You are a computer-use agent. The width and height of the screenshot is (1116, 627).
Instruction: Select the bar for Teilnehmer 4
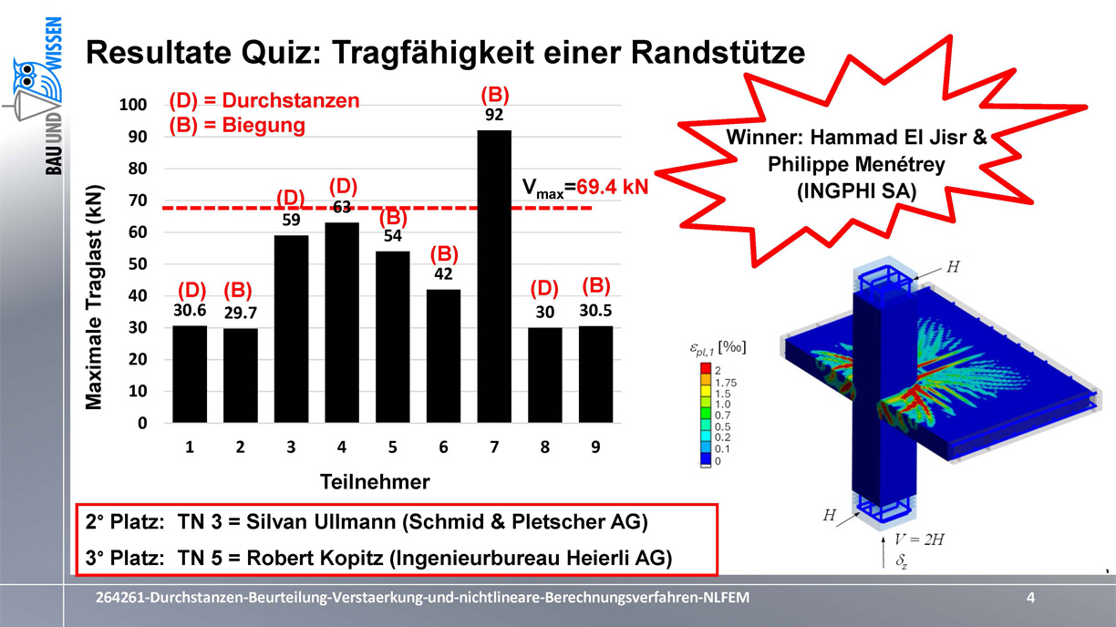(x=342, y=323)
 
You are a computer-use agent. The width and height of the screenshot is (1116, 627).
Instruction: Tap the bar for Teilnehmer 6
(x=443, y=355)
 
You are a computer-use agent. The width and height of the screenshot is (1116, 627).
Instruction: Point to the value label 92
(x=494, y=116)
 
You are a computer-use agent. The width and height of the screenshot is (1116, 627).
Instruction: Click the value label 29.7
(x=240, y=313)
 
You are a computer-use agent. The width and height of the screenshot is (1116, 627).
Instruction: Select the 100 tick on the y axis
(x=133, y=106)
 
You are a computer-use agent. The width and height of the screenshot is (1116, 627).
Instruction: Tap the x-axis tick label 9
(x=595, y=447)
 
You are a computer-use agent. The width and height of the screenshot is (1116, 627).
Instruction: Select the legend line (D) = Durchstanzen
(x=264, y=101)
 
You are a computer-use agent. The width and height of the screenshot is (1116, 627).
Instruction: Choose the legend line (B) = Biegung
(x=237, y=125)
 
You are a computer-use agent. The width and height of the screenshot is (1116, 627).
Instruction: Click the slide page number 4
(x=1030, y=598)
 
